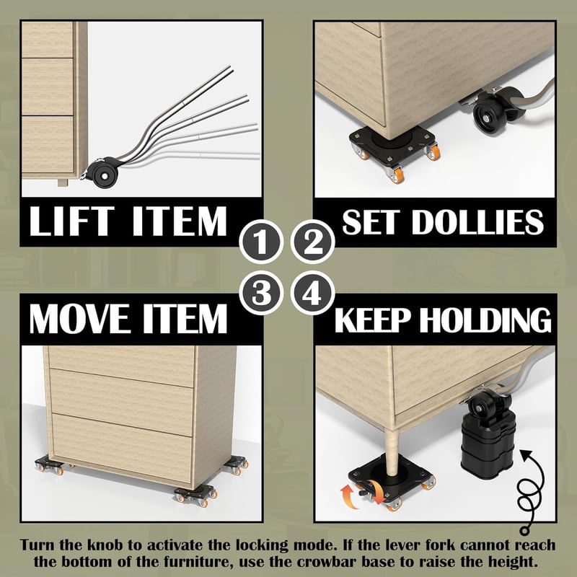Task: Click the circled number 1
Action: pyautogui.click(x=260, y=242)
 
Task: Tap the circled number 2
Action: pyautogui.click(x=312, y=242)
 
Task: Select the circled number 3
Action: pyautogui.click(x=260, y=293)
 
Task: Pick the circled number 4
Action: pyautogui.click(x=312, y=293)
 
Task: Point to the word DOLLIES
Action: pyautogui.click(x=477, y=222)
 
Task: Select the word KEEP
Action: pyautogui.click(x=372, y=320)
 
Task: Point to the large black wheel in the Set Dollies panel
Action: pyautogui.click(x=490, y=115)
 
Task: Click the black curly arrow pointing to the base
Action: pyautogui.click(x=529, y=491)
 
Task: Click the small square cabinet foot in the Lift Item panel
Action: pyautogui.click(x=63, y=182)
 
